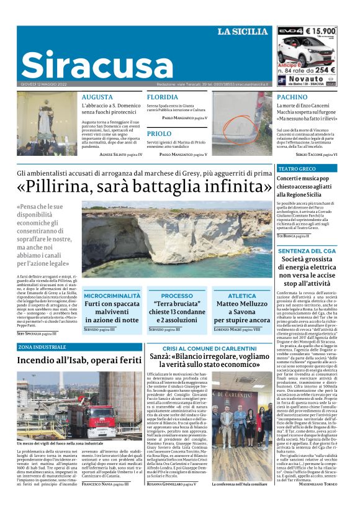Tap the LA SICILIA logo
click(242, 32)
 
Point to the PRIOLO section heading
click(160, 133)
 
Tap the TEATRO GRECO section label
click(297, 169)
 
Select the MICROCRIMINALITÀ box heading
click(112, 296)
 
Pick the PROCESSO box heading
click(177, 296)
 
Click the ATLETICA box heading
click(241, 296)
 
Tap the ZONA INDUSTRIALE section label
click(42, 347)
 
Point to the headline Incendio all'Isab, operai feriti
click(79, 360)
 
